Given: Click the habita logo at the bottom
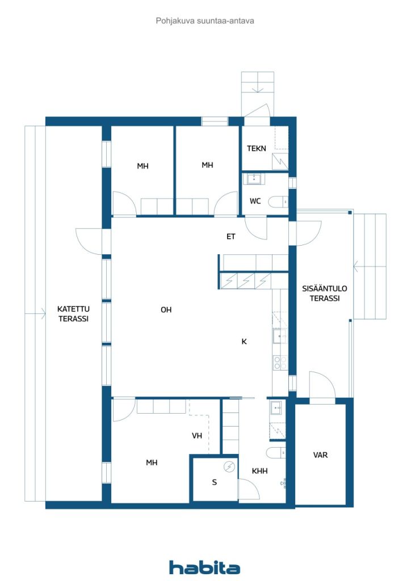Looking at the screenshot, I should pyautogui.click(x=204, y=567).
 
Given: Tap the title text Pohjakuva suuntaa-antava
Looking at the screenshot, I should pyautogui.click(x=204, y=20).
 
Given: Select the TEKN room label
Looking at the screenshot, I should pyautogui.click(x=257, y=149).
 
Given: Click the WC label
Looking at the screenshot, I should pyautogui.click(x=255, y=201).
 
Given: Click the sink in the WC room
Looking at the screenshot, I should pyautogui.click(x=253, y=179).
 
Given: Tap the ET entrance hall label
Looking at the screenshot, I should pyautogui.click(x=231, y=237).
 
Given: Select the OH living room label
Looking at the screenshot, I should pyautogui.click(x=166, y=310).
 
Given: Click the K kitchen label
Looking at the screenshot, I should pyautogui.click(x=244, y=342).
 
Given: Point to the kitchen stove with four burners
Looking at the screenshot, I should pyautogui.click(x=280, y=362).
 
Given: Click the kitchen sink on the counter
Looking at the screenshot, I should pyautogui.click(x=279, y=337).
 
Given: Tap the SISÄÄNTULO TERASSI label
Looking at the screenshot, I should pyautogui.click(x=325, y=293).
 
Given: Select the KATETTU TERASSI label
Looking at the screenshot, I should pyautogui.click(x=73, y=314).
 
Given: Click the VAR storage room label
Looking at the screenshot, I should pyautogui.click(x=320, y=455).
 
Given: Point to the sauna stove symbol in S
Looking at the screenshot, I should pyautogui.click(x=229, y=467).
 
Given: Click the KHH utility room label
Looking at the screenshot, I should pyautogui.click(x=259, y=471).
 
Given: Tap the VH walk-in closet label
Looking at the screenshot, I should pyautogui.click(x=197, y=436).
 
